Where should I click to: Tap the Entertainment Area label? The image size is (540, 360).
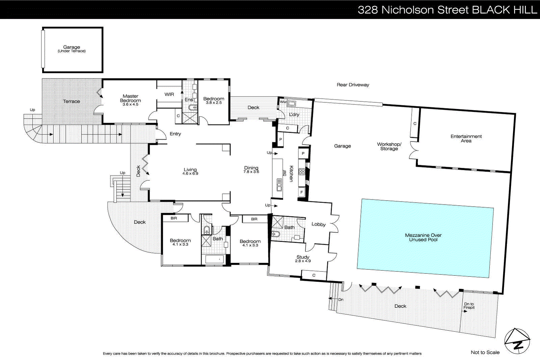466,138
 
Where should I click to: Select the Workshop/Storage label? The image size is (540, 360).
389,146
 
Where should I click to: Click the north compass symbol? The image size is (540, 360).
517,341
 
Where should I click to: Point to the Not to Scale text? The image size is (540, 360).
485,352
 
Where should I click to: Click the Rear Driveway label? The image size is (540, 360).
353,85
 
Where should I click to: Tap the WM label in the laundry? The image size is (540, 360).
283,102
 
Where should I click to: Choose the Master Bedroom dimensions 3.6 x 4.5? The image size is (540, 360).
130,105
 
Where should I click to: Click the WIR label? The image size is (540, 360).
169,95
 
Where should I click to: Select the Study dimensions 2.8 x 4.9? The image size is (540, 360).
303,261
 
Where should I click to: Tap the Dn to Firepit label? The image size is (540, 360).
469,306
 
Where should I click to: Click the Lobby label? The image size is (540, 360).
318,224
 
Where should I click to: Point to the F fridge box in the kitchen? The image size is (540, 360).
302,192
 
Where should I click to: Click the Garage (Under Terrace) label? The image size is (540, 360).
72,49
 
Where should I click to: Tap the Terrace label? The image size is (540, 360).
72,101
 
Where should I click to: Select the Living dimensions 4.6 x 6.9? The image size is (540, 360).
190,174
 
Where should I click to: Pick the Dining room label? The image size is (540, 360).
251,168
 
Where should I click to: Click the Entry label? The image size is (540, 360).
175,134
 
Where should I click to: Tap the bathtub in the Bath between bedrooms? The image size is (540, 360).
214,259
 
